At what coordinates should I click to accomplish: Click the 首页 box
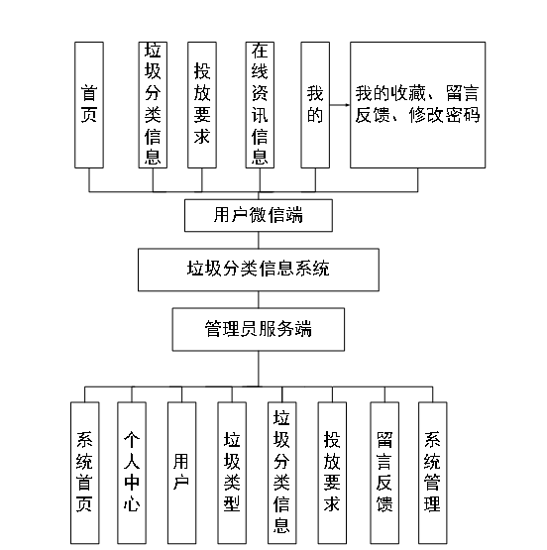(88, 104)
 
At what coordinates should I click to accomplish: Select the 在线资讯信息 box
(259, 104)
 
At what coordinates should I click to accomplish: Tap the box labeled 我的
(315, 104)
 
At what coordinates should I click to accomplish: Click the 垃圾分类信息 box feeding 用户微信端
(153, 104)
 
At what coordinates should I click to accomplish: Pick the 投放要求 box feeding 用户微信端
(202, 104)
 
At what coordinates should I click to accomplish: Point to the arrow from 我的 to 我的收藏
(340, 103)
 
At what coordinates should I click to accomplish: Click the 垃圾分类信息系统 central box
(259, 268)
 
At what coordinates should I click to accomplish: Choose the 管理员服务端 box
(258, 329)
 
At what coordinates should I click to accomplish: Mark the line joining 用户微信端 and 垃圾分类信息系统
(259, 240)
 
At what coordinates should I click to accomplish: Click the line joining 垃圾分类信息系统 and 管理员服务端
(259, 298)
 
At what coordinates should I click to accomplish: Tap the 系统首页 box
(86, 473)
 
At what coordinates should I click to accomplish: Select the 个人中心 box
(132, 473)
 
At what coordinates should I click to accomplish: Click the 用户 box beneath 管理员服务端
(180, 473)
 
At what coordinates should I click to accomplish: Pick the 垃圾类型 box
(232, 473)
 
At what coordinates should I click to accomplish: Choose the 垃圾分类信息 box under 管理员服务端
(281, 473)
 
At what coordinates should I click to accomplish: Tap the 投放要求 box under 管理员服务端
(333, 473)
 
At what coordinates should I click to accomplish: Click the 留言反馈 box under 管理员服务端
(384, 473)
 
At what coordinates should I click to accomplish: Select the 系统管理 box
(432, 473)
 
